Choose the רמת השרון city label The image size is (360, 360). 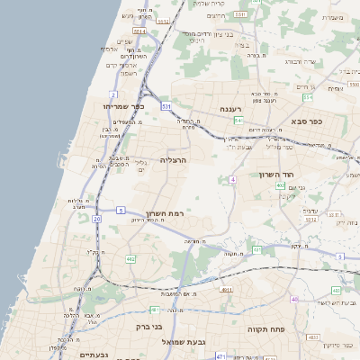[164, 217]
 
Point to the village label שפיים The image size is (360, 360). [125, 41]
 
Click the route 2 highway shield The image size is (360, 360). [114, 94]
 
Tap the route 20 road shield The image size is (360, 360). [97, 218]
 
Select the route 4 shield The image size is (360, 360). [232, 180]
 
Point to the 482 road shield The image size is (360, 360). [131, 259]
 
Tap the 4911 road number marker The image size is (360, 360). [224, 290]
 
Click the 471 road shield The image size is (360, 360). [256, 249]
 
